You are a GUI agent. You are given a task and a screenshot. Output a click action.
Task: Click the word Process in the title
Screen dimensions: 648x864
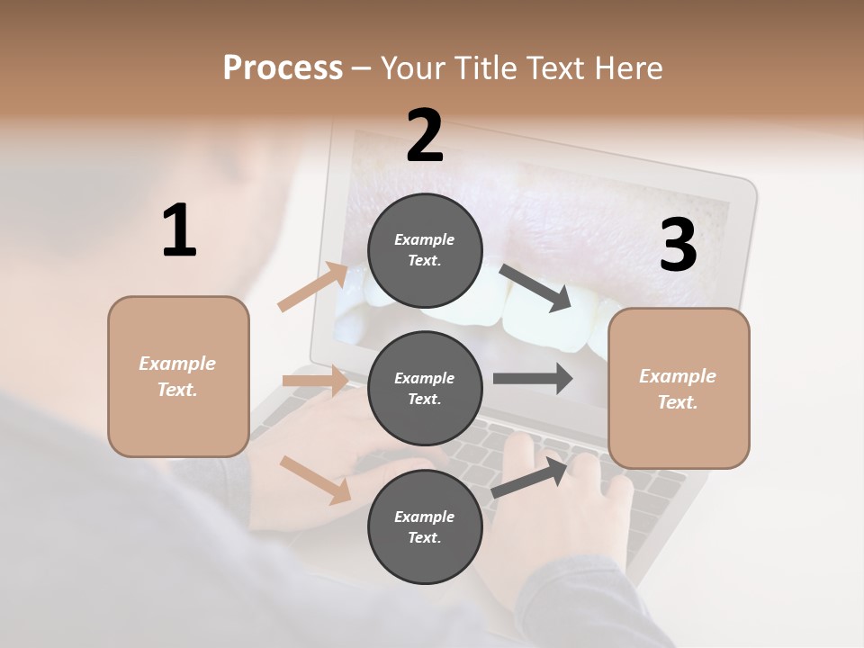tap(283, 67)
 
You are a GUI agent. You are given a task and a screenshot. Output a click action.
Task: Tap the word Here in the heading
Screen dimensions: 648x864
tap(629, 67)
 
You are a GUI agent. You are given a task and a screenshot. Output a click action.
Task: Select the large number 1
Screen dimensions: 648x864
tap(179, 231)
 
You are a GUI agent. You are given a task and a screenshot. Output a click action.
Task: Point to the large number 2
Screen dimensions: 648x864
tap(425, 136)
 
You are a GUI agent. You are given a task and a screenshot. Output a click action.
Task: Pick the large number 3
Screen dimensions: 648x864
tap(679, 246)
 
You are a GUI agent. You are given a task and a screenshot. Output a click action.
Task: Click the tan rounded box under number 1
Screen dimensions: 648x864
tap(178, 376)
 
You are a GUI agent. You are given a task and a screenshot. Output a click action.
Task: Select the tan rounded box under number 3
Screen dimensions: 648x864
tap(679, 388)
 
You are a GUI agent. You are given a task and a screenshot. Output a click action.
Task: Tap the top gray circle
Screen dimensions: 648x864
tap(425, 249)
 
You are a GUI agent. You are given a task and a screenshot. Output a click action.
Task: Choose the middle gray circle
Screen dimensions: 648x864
tap(425, 388)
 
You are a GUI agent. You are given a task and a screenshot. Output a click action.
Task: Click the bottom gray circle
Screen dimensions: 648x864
tap(425, 526)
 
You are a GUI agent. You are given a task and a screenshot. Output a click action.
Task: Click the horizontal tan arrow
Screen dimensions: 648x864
tap(315, 381)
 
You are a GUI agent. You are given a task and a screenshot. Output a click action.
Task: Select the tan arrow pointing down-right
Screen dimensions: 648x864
tap(315, 479)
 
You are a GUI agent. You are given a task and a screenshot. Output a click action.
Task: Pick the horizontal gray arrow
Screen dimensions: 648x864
tap(533, 379)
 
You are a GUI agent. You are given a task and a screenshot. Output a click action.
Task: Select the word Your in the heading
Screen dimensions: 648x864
tap(413, 67)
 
